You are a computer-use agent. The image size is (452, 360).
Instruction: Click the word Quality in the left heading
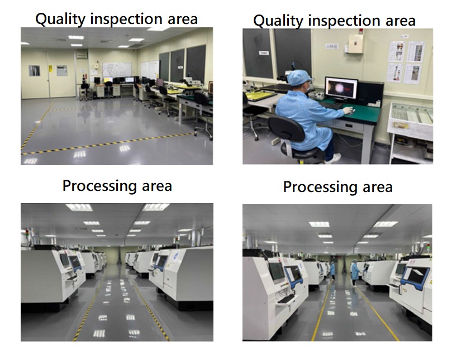[x=60, y=19]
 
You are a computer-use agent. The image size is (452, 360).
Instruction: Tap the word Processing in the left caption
[x=99, y=186]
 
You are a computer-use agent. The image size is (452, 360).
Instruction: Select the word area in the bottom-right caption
[x=378, y=187]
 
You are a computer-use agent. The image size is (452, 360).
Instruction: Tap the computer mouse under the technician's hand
[x=351, y=112]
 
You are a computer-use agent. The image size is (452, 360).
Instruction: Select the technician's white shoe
[x=333, y=159]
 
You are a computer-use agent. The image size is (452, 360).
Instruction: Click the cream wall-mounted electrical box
[x=355, y=44]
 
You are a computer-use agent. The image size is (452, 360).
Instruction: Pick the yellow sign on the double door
[x=50, y=69]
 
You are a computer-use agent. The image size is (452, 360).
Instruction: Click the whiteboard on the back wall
[x=117, y=69]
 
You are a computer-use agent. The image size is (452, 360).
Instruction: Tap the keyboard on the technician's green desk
[x=330, y=105]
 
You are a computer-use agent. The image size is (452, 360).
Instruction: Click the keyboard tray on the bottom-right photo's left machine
[x=286, y=300]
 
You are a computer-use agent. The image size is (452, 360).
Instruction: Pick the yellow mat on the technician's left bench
[x=259, y=95]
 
